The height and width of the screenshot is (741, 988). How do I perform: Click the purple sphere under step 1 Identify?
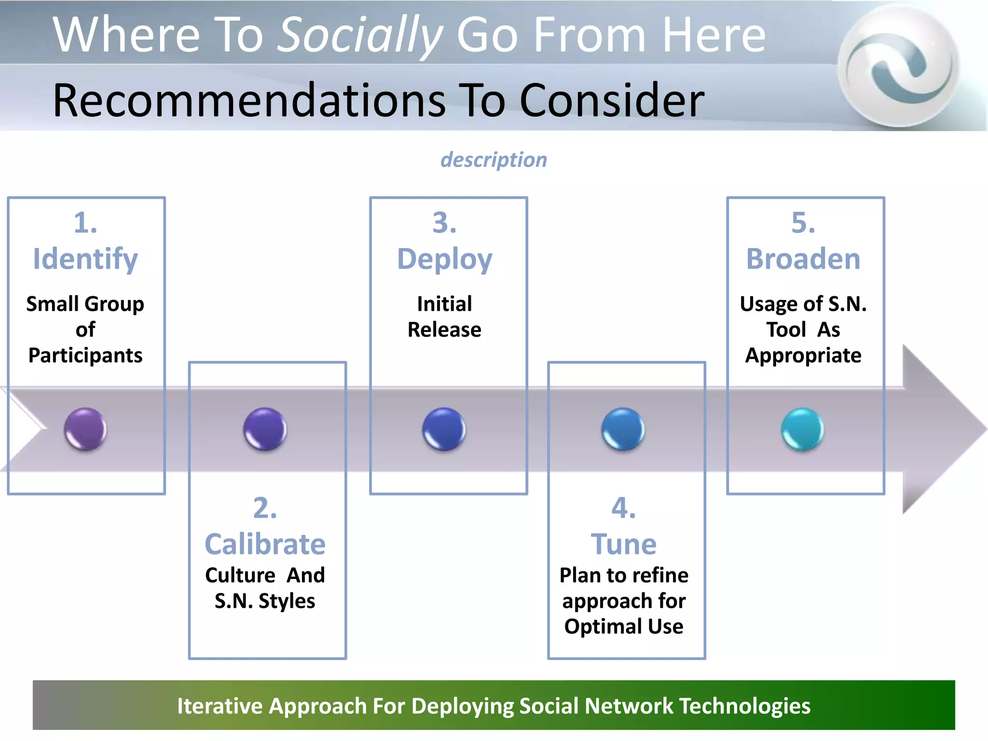(85, 429)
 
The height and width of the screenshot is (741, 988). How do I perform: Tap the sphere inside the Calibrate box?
(265, 429)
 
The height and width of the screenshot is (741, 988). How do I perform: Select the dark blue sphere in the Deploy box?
(444, 429)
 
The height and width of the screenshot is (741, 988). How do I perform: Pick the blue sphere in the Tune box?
(623, 429)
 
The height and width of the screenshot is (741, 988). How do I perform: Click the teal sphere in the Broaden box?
(802, 429)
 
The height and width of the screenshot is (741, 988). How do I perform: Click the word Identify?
(85, 259)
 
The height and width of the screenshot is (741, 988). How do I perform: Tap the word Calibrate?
(265, 544)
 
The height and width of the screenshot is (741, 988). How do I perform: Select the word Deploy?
(444, 259)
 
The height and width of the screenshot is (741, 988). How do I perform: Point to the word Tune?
(624, 544)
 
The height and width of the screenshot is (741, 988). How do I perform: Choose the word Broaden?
(803, 259)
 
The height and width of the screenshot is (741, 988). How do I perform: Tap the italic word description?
(494, 160)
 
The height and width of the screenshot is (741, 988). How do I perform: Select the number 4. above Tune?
(624, 508)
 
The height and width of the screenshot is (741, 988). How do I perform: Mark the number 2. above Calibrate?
(265, 508)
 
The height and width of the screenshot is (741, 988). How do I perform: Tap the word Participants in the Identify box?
(85, 356)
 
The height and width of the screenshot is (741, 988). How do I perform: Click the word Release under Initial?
(444, 330)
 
